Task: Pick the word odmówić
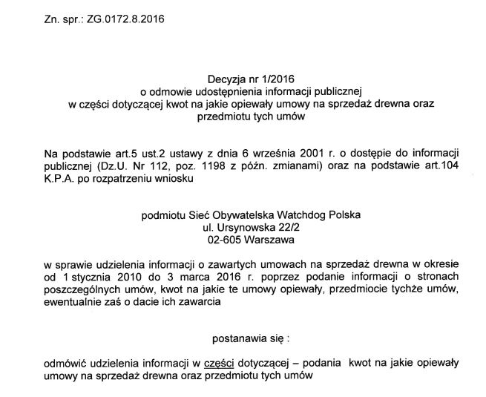pos(64,363)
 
